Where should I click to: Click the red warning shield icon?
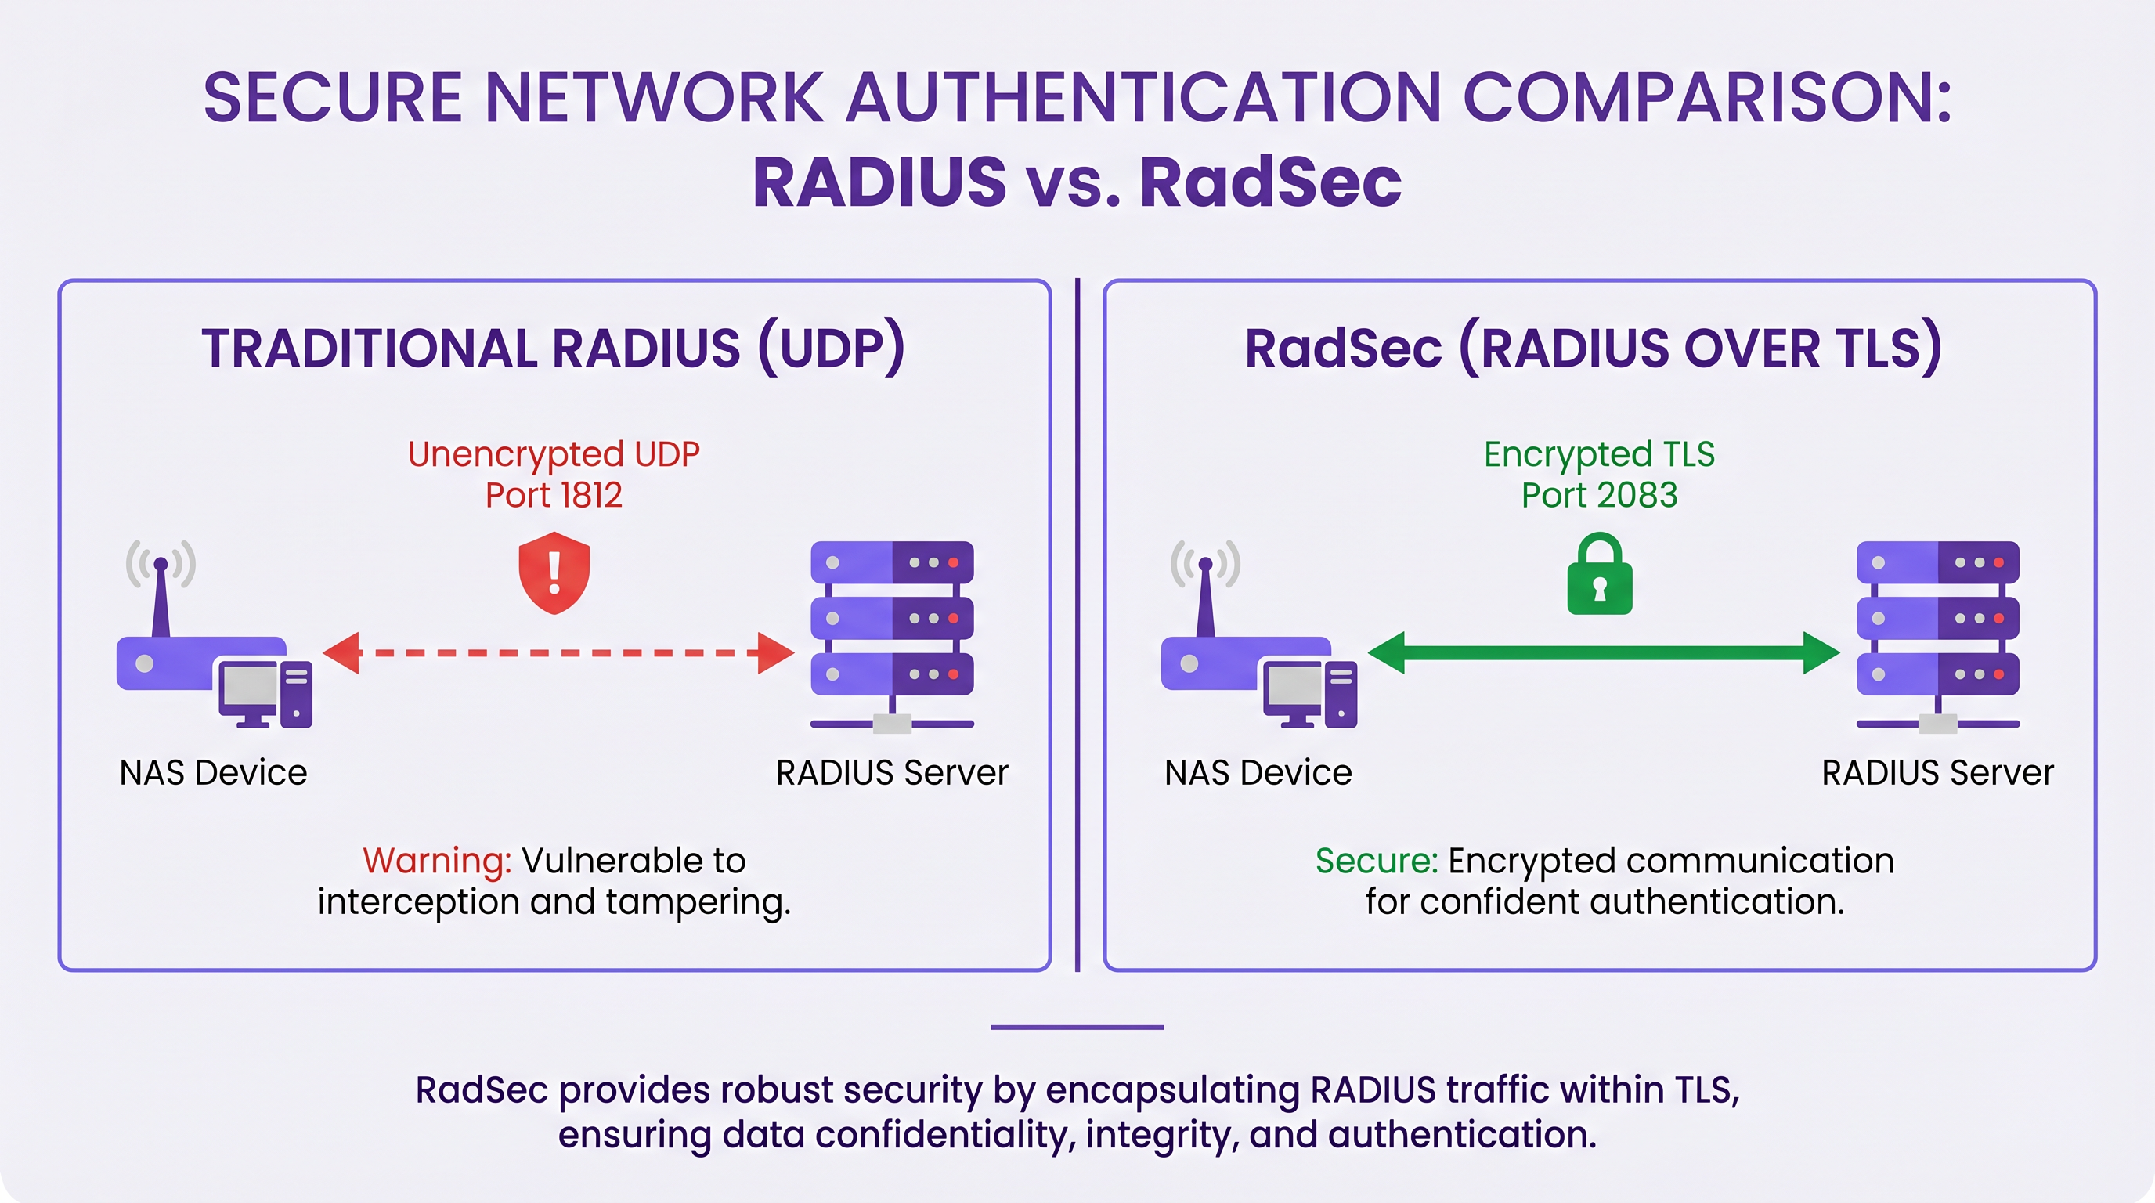click(554, 573)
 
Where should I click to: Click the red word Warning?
click(437, 861)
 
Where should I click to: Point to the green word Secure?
click(1376, 861)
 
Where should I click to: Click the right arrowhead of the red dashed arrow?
click(776, 652)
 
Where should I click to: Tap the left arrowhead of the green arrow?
click(1386, 652)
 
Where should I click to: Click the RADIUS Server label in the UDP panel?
click(892, 772)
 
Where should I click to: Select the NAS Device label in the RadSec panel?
click(1258, 772)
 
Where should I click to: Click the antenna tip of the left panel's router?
click(161, 565)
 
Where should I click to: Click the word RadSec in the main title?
click(1270, 182)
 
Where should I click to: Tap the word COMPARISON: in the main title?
click(1706, 98)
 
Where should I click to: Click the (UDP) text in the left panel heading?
click(832, 348)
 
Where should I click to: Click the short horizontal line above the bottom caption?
click(1077, 1027)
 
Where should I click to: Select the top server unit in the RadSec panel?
click(1937, 562)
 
